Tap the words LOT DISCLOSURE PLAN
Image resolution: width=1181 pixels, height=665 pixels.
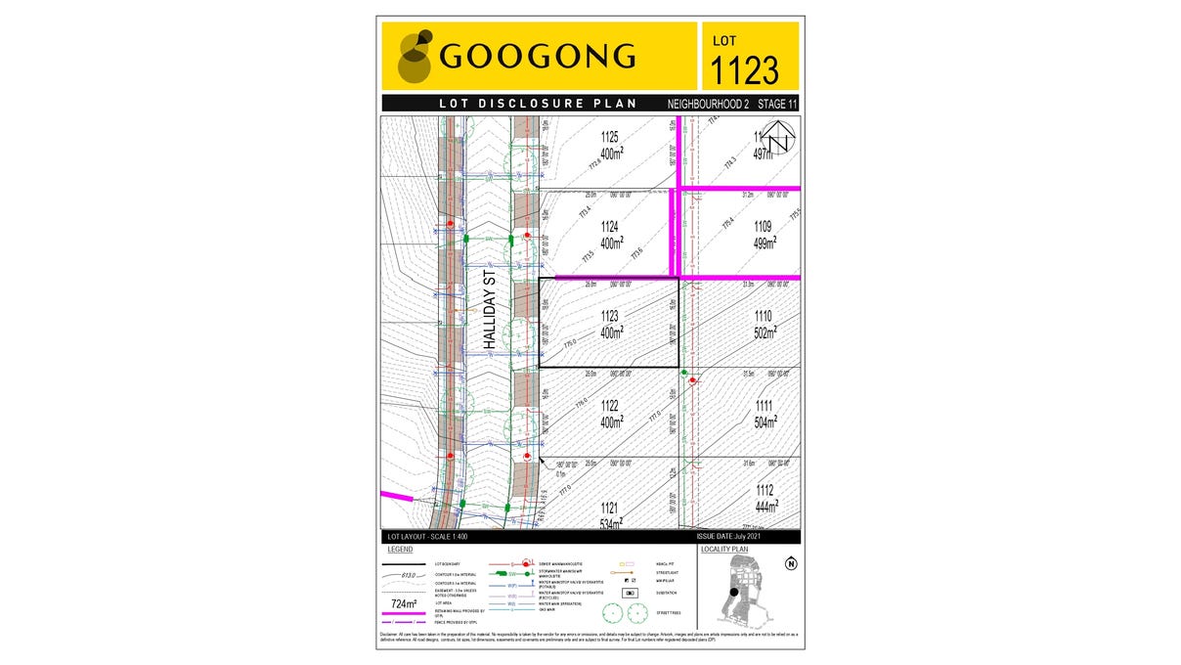pos(538,104)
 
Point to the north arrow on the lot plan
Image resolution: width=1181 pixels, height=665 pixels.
pos(778,139)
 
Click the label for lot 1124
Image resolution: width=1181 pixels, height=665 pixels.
pos(611,226)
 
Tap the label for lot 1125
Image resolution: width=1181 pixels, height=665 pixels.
pos(611,137)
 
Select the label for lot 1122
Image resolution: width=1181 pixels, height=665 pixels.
pos(611,406)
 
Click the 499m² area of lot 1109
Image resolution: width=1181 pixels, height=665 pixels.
pos(764,242)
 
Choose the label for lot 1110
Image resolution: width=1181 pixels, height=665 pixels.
pos(764,316)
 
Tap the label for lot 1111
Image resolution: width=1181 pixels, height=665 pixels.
pos(764,406)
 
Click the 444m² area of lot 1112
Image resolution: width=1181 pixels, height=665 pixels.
pos(765,507)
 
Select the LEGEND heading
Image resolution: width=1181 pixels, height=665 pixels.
pos(401,550)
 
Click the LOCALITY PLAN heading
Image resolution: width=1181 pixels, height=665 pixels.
pos(725,550)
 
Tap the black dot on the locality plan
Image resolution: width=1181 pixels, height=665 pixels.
pos(733,592)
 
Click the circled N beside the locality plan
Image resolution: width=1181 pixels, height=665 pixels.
pos(790,562)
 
